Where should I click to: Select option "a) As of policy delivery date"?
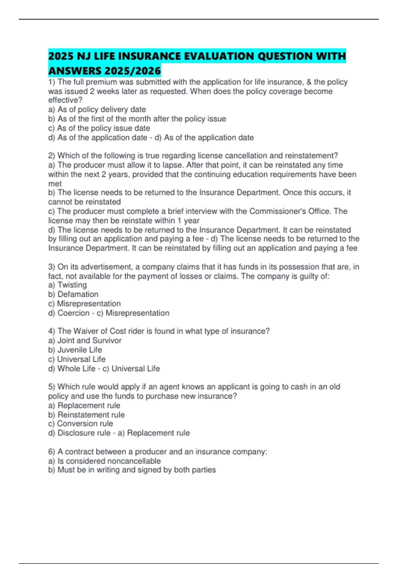pyautogui.click(x=97, y=109)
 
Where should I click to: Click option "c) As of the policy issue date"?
pyautogui.click(x=99, y=128)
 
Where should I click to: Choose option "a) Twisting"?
pyautogui.click(x=67, y=285)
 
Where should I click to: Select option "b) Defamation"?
pyautogui.click(x=73, y=294)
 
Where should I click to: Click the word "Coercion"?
pyautogui.click(x=74, y=313)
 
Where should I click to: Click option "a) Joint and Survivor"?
pyautogui.click(x=85, y=340)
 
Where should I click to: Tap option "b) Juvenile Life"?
pyautogui.click(x=75, y=350)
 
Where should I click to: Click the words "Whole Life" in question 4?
pyautogui.click(x=76, y=369)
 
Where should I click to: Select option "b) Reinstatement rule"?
pyautogui.click(x=86, y=415)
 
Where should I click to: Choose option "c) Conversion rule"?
pyautogui.click(x=80, y=424)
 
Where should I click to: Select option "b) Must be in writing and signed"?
pyautogui.click(x=132, y=470)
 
